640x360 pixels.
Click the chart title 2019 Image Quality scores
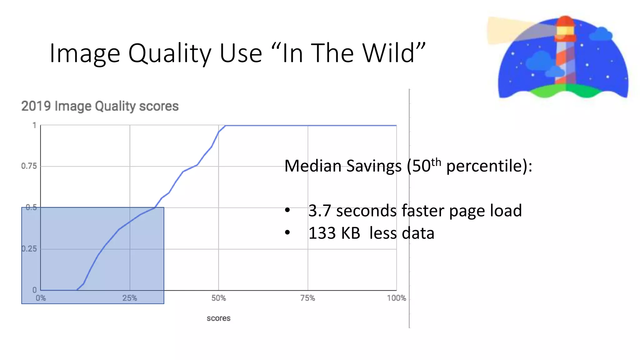pos(100,106)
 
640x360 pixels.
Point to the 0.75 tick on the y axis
pos(29,166)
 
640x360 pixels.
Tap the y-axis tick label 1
pos(34,126)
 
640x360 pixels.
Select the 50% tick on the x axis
pos(218,298)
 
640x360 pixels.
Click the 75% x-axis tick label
pos(307,298)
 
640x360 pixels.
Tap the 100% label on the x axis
pos(396,298)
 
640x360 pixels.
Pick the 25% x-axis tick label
pos(130,298)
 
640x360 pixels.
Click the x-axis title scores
pos(218,318)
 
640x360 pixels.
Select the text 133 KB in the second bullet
pos(334,233)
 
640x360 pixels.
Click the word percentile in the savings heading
pos(484,166)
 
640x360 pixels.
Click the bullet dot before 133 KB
pos(287,233)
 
